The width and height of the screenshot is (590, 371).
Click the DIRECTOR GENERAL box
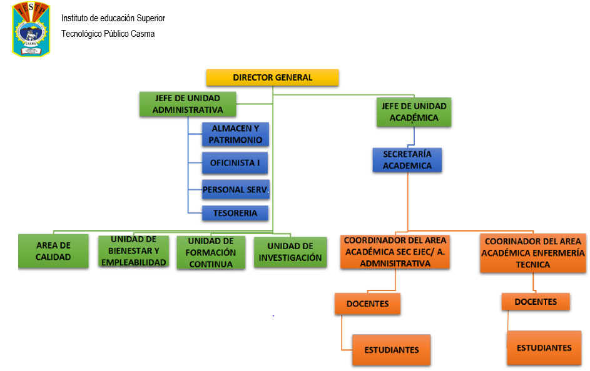(272, 77)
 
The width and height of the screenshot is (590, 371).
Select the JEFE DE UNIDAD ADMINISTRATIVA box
(188, 104)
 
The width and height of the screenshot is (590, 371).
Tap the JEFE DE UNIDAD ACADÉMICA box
(414, 112)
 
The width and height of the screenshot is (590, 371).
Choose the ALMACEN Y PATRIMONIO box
(235, 134)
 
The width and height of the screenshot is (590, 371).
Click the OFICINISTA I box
(235, 163)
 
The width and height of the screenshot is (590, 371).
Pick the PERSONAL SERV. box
(235, 189)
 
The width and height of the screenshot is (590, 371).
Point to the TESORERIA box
(235, 213)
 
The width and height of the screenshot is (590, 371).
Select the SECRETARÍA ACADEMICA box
(407, 160)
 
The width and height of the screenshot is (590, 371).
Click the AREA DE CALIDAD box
(53, 251)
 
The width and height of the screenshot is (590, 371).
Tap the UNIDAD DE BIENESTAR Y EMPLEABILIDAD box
(133, 251)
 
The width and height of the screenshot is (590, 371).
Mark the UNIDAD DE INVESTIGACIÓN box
(290, 252)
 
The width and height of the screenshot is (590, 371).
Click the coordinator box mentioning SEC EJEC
(395, 252)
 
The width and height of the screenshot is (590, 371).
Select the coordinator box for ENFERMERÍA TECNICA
(533, 253)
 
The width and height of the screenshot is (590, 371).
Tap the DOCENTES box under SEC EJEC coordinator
(367, 304)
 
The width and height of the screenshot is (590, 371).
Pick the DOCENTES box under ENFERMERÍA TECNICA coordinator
(536, 302)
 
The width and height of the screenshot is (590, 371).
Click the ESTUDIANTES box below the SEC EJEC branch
(392, 350)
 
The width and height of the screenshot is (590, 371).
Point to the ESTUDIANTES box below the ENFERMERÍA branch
(544, 348)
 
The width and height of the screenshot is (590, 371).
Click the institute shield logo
(31, 29)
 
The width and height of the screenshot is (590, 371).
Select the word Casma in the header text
(143, 34)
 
